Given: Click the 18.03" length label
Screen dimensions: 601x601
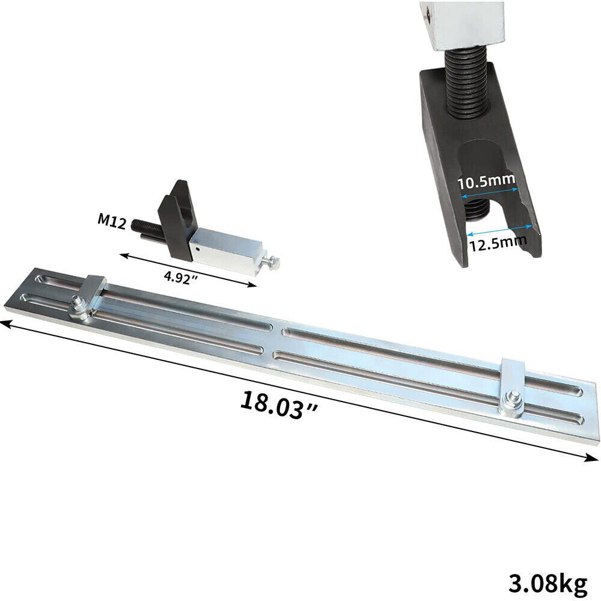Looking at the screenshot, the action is click(x=279, y=405).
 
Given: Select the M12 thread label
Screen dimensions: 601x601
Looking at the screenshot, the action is click(x=112, y=221).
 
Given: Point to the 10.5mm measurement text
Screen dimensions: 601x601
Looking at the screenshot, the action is click(x=487, y=180).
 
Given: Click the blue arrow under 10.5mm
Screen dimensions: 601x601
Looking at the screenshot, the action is click(x=489, y=192).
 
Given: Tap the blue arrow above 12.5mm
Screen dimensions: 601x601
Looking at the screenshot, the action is click(x=499, y=230).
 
